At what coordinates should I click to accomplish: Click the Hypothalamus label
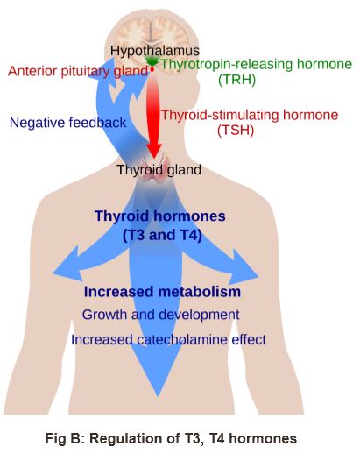click(155, 51)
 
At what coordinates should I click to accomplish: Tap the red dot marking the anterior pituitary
click(152, 70)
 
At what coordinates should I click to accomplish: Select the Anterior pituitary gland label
click(78, 71)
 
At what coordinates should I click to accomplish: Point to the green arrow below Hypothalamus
click(152, 61)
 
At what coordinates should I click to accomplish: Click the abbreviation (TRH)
click(236, 80)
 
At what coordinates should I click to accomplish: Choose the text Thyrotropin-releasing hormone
click(257, 64)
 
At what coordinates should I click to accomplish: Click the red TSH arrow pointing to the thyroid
click(153, 117)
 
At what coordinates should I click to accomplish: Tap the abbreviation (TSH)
click(236, 131)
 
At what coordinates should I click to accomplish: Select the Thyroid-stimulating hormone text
click(250, 115)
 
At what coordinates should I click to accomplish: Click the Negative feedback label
click(67, 123)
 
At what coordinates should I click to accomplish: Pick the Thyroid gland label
click(159, 170)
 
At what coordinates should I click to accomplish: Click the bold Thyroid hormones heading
click(160, 216)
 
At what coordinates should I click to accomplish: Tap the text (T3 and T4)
click(162, 235)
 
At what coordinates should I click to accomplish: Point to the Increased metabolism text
click(162, 292)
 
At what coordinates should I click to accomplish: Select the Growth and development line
click(160, 315)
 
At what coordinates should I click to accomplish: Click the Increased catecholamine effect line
click(168, 340)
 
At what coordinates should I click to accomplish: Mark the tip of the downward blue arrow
click(158, 397)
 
